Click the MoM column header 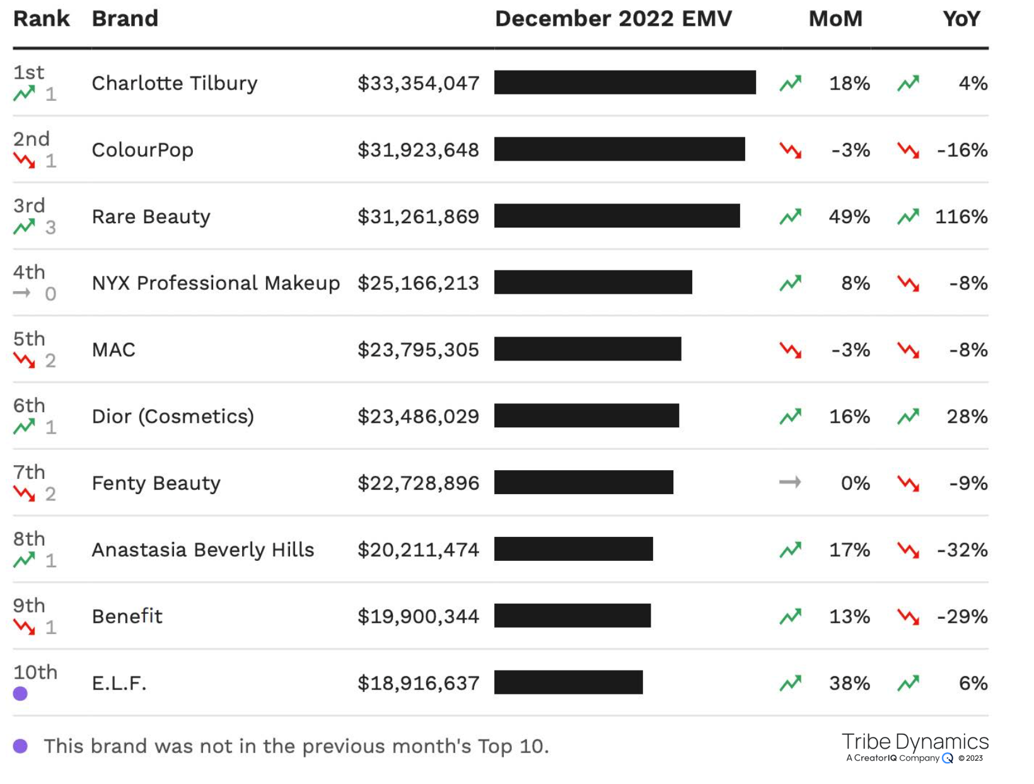[x=835, y=19]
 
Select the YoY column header [x=961, y=19]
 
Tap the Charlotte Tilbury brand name [x=174, y=83]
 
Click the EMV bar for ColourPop [x=620, y=149]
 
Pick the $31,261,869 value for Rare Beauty [x=418, y=216]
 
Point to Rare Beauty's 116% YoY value [x=961, y=216]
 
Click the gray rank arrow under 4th [x=21, y=293]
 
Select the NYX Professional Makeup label [x=216, y=283]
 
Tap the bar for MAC [x=588, y=349]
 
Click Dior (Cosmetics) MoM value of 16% [x=849, y=416]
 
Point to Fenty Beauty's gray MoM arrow [x=790, y=481]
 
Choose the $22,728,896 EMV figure [x=418, y=483]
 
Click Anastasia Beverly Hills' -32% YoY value [x=962, y=550]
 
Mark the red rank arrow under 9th [x=24, y=627]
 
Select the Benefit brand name [x=127, y=616]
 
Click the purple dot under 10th [x=20, y=694]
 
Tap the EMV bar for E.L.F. [x=568, y=683]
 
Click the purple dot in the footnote [x=20, y=746]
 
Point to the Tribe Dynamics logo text [x=915, y=742]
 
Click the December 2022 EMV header [x=613, y=19]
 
